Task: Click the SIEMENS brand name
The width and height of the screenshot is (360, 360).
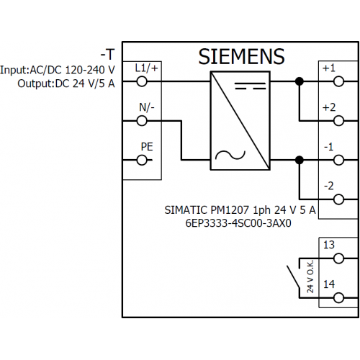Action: pyautogui.click(x=241, y=57)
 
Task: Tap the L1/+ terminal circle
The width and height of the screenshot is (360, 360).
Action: pyautogui.click(x=142, y=81)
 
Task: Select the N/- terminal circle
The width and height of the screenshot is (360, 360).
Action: pyautogui.click(x=142, y=121)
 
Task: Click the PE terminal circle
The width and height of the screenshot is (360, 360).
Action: pyautogui.click(x=142, y=160)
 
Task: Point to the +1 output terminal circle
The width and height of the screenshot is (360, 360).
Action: pyautogui.click(x=338, y=81)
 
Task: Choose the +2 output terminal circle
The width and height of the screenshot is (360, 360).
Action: pyautogui.click(x=338, y=121)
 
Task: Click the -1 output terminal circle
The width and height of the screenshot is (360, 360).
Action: pyautogui.click(x=338, y=160)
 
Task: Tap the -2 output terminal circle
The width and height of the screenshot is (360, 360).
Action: pyautogui.click(x=338, y=199)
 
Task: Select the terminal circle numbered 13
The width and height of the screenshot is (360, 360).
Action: pyautogui.click(x=338, y=258)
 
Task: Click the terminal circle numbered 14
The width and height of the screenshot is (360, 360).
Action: pyautogui.click(x=338, y=298)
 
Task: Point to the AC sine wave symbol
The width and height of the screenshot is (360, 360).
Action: pyautogui.click(x=230, y=156)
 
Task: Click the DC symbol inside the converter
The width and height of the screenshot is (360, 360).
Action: pyautogui.click(x=251, y=86)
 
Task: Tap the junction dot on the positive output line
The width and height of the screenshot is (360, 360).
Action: pyautogui.click(x=300, y=81)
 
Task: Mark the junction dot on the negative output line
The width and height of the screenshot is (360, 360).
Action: pyautogui.click(x=300, y=160)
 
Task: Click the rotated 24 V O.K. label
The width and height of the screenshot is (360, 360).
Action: pyautogui.click(x=310, y=276)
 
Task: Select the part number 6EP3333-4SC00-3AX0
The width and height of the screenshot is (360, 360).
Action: pyautogui.click(x=238, y=223)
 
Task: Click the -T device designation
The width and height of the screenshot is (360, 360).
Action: pyautogui.click(x=108, y=55)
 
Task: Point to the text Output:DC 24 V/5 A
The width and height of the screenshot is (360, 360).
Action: pyautogui.click(x=66, y=84)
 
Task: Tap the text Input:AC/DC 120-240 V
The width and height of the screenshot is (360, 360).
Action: pyautogui.click(x=58, y=70)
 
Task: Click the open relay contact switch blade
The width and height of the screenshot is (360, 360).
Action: pyautogui.click(x=293, y=276)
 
